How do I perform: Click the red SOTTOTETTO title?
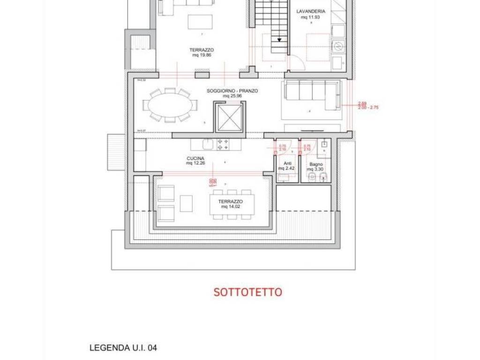248,292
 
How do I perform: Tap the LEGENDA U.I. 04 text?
123,348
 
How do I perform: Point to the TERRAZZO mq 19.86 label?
202,52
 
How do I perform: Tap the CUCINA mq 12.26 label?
195,161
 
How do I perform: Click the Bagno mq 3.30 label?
315,167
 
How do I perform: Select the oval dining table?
170,105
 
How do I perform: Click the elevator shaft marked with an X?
228,117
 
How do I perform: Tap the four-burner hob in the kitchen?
223,144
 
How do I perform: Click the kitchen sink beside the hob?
209,144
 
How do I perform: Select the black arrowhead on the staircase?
279,40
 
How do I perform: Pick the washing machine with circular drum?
337,46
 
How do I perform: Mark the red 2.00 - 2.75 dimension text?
368,107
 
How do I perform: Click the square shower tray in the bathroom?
324,144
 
